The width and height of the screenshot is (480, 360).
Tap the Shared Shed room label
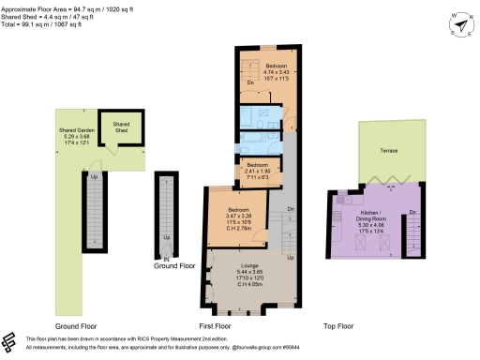click(x=121, y=126)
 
